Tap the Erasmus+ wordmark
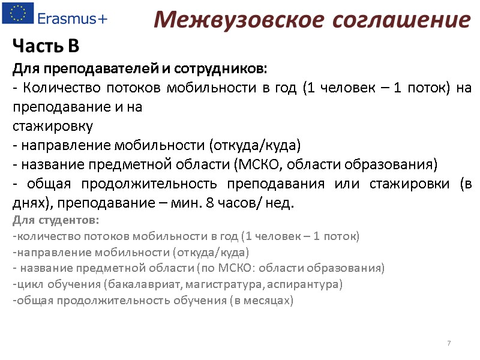point(73,18)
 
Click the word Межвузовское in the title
point(232,20)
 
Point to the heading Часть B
point(46,46)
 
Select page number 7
point(449,343)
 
